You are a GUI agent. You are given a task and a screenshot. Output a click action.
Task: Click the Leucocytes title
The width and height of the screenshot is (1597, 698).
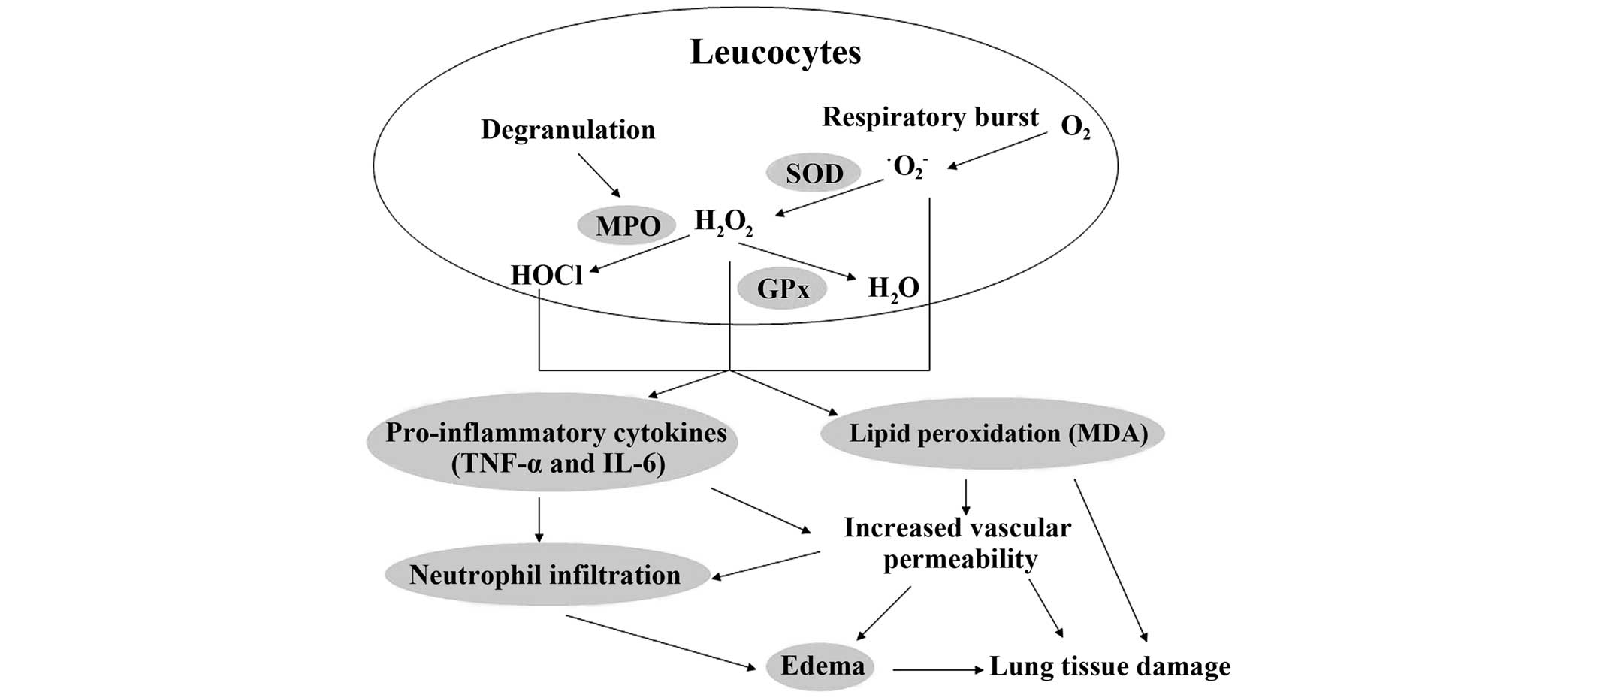click(775, 53)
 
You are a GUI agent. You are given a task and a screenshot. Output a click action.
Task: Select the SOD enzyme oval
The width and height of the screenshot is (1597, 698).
click(814, 173)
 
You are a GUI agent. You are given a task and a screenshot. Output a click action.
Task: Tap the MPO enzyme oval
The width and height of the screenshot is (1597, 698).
click(627, 225)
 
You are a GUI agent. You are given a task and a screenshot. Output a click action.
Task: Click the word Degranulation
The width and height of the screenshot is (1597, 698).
click(568, 130)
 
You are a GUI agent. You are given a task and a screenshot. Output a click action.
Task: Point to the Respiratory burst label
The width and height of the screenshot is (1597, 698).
click(930, 117)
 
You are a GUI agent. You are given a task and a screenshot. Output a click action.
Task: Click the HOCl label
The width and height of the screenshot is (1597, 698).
click(546, 275)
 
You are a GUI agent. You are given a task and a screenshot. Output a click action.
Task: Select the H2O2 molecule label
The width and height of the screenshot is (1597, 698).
click(723, 222)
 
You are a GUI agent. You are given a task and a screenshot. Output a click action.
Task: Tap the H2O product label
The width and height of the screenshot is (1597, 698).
click(893, 288)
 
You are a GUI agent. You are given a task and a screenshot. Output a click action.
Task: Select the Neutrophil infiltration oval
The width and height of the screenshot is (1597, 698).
click(546, 576)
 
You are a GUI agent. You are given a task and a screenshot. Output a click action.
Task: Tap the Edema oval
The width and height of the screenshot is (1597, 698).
click(822, 666)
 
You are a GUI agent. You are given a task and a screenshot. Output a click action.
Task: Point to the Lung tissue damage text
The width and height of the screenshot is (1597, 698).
click(1109, 666)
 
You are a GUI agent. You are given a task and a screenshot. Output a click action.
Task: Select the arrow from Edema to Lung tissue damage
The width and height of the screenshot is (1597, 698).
click(937, 668)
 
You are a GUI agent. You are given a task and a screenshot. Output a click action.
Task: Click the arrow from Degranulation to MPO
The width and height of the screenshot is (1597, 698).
click(599, 176)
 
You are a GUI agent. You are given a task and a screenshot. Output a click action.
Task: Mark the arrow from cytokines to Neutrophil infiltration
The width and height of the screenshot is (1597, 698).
click(539, 518)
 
